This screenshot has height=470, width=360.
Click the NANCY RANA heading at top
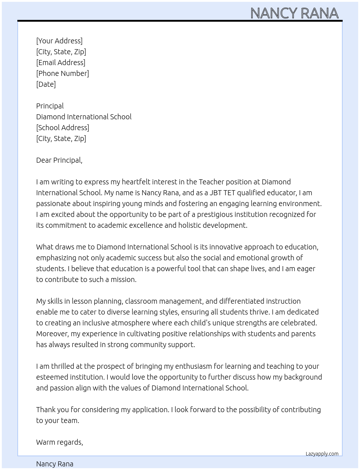pyautogui.click(x=294, y=13)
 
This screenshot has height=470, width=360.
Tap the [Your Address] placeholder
pyautogui.click(x=59, y=41)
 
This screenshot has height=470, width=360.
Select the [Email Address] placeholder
pyautogui.click(x=61, y=63)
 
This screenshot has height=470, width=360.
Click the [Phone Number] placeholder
pyautogui.click(x=63, y=73)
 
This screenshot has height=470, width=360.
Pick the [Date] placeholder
pyautogui.click(x=46, y=84)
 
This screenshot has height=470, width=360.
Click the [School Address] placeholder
pyautogui.click(x=63, y=128)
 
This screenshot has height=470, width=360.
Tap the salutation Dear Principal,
pyautogui.click(x=59, y=160)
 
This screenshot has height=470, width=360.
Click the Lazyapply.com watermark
pyautogui.click(x=322, y=454)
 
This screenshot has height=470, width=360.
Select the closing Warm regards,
pyautogui.click(x=60, y=442)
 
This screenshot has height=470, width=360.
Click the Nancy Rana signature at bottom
pyautogui.click(x=55, y=464)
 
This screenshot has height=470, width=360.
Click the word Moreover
pyautogui.click(x=52, y=334)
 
